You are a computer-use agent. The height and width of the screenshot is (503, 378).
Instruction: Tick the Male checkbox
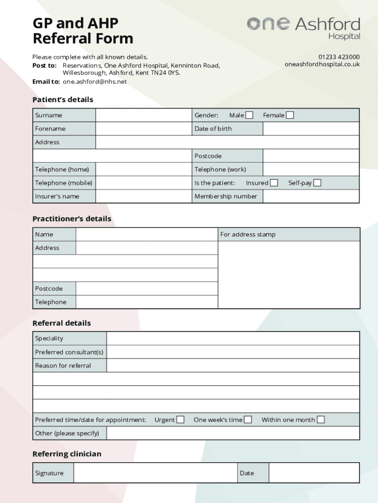249,115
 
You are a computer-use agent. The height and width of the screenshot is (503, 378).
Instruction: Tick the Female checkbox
290,115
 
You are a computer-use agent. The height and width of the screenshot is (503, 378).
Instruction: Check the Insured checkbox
274,183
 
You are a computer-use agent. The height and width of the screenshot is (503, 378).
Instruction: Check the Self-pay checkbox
318,183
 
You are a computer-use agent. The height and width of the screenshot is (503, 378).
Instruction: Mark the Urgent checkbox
181,419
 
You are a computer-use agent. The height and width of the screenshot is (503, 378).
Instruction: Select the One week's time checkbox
248,419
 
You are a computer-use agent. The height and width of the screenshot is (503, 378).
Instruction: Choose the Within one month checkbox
321,419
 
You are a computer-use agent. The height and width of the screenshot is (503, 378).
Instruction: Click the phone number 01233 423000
339,57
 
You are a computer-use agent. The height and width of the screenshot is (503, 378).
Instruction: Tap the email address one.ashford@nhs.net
95,82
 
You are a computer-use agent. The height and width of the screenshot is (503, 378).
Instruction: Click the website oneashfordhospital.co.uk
322,64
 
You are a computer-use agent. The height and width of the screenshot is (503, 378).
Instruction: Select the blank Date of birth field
311,129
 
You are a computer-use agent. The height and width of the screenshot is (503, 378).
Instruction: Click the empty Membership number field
311,196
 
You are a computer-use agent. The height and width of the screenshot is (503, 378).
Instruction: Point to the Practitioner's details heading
72,219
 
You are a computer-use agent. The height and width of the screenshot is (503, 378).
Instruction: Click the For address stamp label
248,234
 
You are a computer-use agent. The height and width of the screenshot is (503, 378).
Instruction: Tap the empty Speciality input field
233,338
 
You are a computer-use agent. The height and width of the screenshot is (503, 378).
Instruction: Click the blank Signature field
155,473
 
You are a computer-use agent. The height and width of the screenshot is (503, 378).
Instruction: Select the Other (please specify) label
67,433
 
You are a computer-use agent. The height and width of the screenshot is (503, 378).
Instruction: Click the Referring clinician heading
67,454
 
